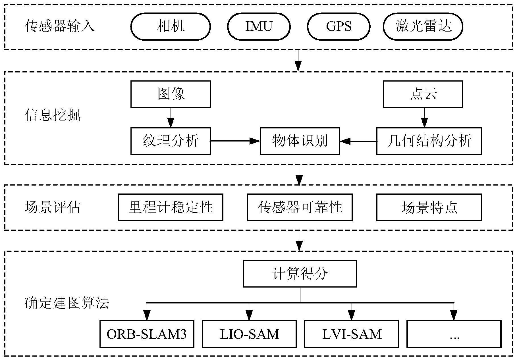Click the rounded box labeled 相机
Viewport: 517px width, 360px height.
click(171, 26)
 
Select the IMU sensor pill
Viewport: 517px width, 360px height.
click(259, 26)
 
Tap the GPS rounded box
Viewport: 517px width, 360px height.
click(339, 26)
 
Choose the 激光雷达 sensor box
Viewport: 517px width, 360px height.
click(423, 26)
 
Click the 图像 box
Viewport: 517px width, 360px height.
click(171, 94)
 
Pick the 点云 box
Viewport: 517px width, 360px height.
click(423, 94)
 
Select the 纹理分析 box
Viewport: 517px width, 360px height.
click(171, 141)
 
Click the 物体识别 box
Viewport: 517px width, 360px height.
click(300, 141)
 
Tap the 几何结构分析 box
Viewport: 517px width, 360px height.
click(429, 141)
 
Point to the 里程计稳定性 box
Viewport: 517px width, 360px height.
click(171, 207)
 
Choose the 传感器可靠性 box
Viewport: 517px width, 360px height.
click(300, 207)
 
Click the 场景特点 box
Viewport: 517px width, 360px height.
click(429, 207)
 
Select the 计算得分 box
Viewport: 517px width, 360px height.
click(300, 274)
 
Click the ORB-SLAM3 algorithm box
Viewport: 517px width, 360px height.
click(147, 334)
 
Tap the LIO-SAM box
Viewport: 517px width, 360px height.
click(249, 334)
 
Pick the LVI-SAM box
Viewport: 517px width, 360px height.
click(352, 334)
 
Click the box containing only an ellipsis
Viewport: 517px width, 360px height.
click(454, 334)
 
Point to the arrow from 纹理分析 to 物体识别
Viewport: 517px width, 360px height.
click(235, 141)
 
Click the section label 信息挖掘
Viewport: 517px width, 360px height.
click(53, 115)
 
